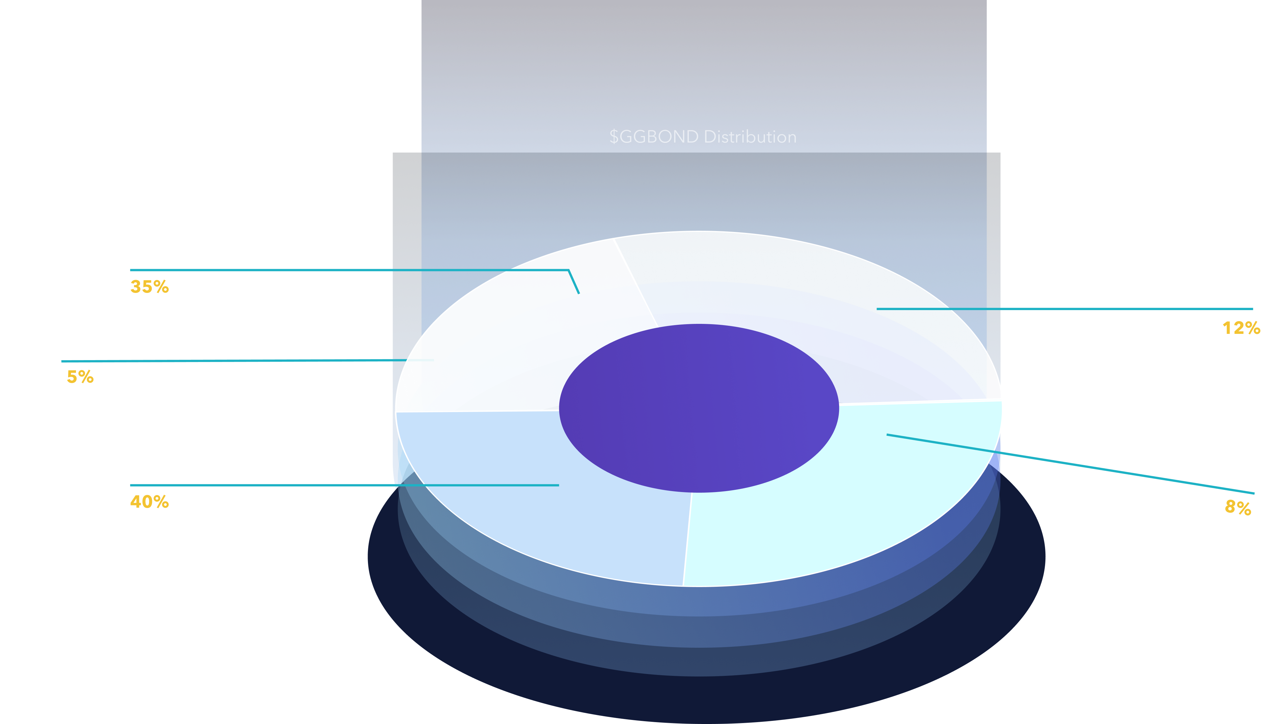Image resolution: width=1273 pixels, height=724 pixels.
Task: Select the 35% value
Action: [149, 287]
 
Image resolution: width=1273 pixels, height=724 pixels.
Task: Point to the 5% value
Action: [80, 377]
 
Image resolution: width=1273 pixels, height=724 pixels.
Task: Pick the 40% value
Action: [149, 502]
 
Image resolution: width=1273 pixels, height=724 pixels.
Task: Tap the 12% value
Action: [1241, 328]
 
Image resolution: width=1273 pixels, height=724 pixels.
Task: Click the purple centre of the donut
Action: [699, 408]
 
